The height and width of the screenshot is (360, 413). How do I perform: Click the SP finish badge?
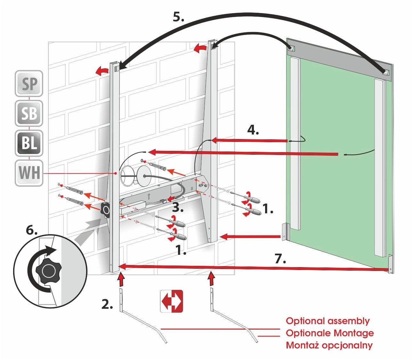point(29,83)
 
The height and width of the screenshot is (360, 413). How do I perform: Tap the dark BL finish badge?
point(29,143)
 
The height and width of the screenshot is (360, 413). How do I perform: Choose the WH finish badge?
point(29,173)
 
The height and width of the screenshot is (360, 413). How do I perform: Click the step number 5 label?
point(178,17)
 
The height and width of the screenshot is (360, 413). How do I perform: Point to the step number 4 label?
point(253,130)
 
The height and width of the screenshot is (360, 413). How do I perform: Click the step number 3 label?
point(178,208)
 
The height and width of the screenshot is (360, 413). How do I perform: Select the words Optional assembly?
point(328,321)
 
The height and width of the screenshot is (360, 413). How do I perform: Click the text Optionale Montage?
point(329,333)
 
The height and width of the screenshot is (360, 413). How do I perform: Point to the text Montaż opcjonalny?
point(329,345)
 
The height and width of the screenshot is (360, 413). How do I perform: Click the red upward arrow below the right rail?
point(211,279)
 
